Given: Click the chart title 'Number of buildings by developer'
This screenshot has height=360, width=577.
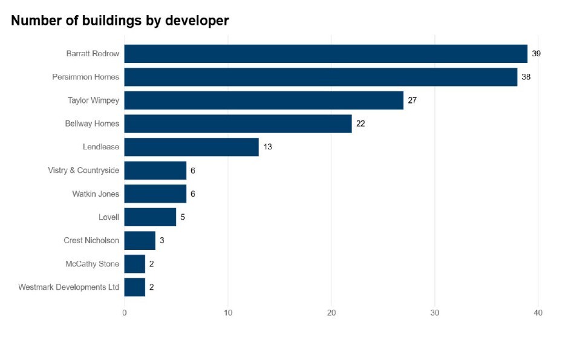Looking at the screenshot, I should coord(120,21).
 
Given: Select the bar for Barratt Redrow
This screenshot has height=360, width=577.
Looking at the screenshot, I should coord(325,54).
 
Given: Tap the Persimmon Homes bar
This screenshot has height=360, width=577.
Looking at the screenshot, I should coord(321,77).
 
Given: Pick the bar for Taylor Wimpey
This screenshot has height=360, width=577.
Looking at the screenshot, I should coord(264,100).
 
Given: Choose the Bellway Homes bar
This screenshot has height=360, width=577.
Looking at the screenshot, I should coord(238,123).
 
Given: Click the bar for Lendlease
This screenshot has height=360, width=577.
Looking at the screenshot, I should coord(191,147).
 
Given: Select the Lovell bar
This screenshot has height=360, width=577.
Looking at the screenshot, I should coord(150,217).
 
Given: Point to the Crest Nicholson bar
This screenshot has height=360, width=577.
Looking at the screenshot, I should coord(140,240).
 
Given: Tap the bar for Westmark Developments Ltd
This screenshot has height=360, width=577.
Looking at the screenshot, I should coord(134,287).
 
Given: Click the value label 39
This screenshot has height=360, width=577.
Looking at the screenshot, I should coord(536,54).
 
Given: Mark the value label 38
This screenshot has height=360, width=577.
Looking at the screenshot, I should coord(526,77).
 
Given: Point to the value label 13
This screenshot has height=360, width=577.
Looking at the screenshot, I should coord(267,147).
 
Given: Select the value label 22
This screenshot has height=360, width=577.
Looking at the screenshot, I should coord(360,123).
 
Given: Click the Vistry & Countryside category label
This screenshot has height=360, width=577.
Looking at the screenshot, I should coord(83,171).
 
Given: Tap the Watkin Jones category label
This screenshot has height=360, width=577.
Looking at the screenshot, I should coord(96,194).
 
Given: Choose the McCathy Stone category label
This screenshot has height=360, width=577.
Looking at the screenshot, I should coord(93,264).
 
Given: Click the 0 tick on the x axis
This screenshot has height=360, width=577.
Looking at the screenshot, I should coord(125,313).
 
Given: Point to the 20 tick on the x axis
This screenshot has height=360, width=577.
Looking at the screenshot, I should coord(331,313).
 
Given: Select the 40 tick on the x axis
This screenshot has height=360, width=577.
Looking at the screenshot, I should coord(538,313).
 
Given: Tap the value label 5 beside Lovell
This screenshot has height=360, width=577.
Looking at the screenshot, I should coord(183,217).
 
